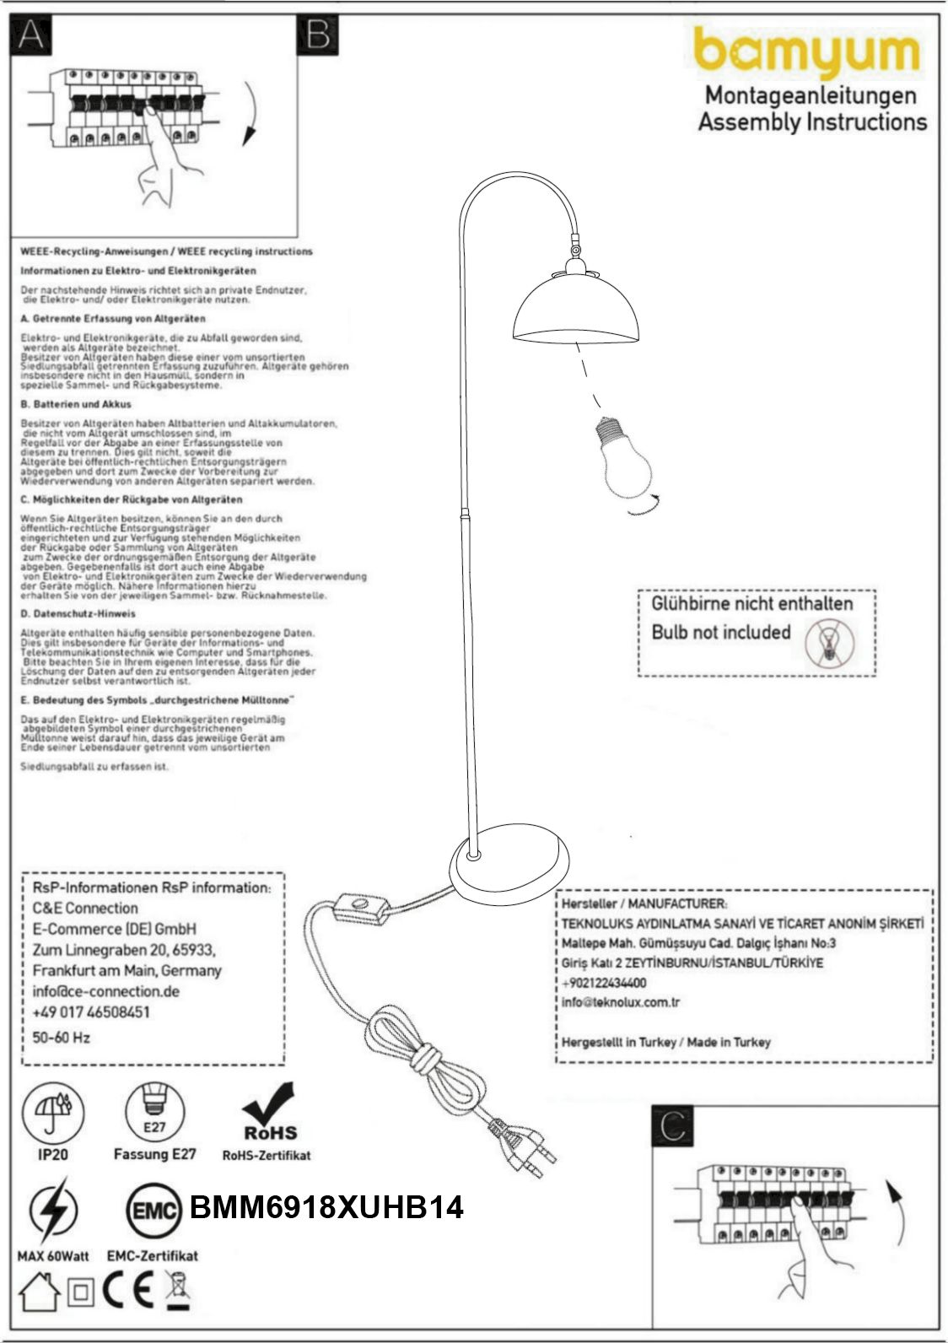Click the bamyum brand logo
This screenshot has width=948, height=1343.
806,52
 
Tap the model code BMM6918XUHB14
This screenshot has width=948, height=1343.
326,1207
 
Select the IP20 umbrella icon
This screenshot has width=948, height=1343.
53,1111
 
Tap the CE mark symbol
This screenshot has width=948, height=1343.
129,1292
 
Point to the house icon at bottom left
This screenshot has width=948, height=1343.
38,1293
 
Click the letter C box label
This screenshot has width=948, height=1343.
672,1127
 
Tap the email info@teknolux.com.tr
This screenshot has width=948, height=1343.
621,1002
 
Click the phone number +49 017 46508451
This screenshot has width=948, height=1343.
91,1012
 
